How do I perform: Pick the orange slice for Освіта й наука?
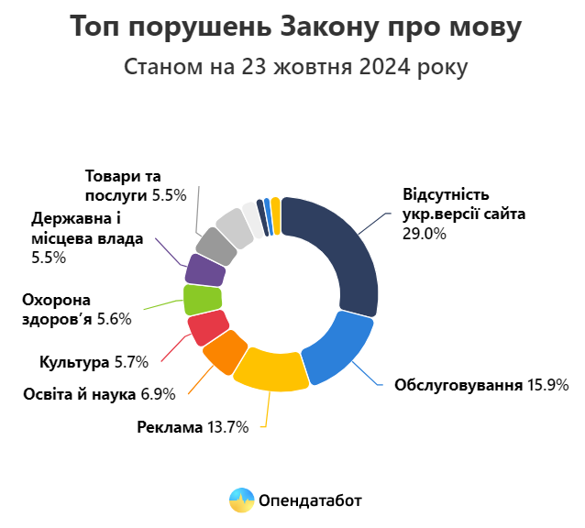[x=223, y=352]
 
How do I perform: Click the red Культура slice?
[x=207, y=326]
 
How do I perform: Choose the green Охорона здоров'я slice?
[x=203, y=299]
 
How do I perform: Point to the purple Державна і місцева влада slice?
[x=206, y=269]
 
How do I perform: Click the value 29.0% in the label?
[x=424, y=234]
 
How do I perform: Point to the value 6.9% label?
[x=158, y=394]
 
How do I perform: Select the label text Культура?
[x=75, y=362]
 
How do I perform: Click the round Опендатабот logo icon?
[x=241, y=500]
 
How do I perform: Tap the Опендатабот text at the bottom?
[x=310, y=500]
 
